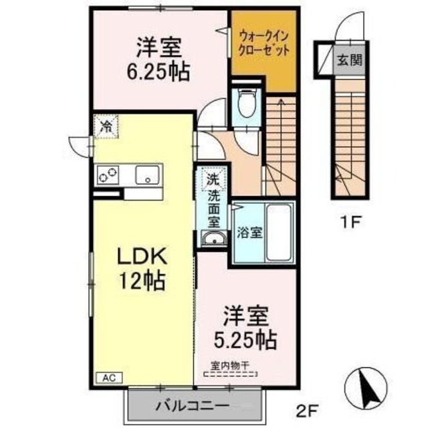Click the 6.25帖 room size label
point(160,69)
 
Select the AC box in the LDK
point(108,378)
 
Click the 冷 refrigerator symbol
point(105,126)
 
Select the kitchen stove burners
point(108,175)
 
